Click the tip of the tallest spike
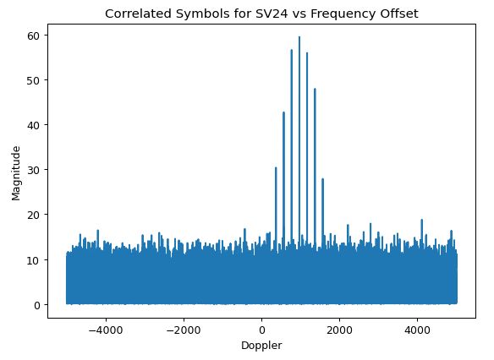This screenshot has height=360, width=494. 299,37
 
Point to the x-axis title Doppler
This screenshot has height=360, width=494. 261,346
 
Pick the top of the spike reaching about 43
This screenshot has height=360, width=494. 283,112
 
